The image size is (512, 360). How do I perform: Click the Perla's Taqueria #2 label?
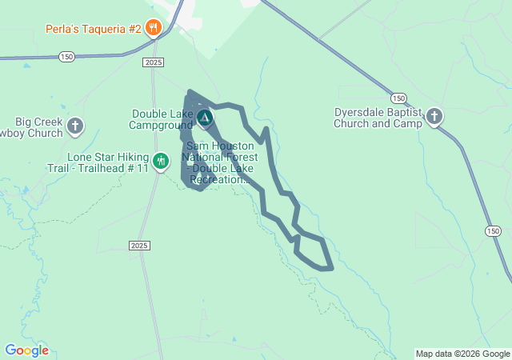93,30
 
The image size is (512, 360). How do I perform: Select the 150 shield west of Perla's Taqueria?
66,56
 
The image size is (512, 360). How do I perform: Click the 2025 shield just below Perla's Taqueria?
154,62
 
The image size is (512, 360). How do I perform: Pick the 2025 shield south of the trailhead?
139,245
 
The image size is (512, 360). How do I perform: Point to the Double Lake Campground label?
162,119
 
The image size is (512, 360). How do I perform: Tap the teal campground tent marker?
205,119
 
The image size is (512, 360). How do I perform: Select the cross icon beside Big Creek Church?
75,126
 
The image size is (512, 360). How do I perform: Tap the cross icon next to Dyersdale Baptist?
434,118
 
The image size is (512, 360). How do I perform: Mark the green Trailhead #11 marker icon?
161,161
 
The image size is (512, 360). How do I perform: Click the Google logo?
26,350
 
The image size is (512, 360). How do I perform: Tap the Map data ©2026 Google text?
462,354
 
